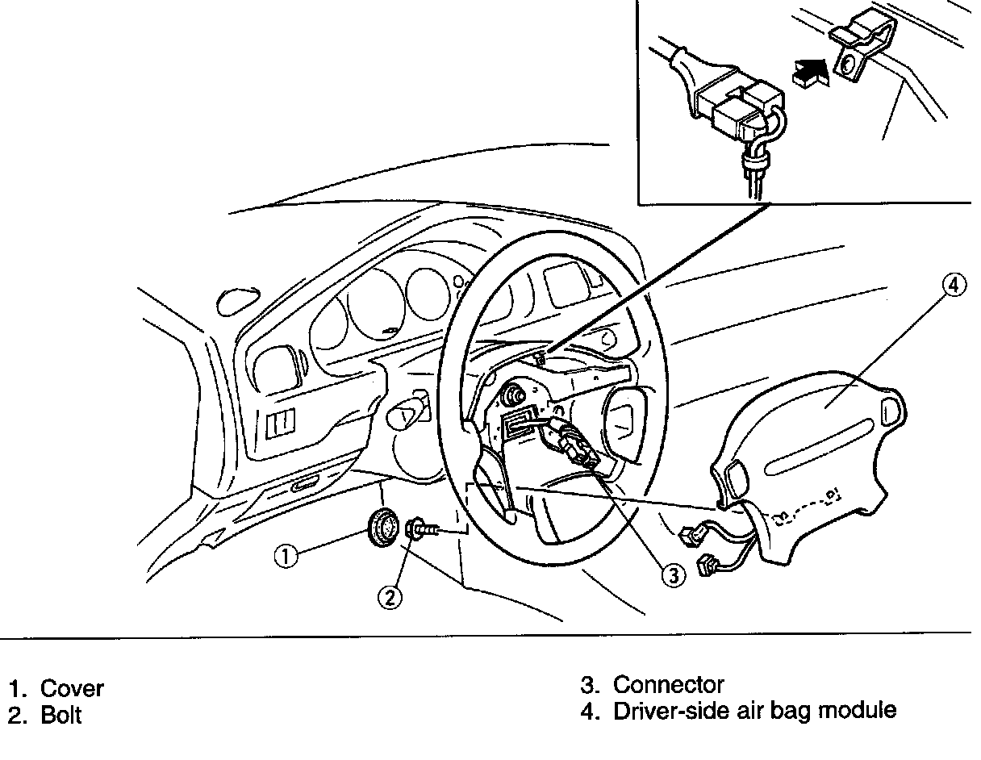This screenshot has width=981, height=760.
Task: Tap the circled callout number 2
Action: click(x=390, y=597)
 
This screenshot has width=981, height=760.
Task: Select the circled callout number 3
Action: click(x=673, y=574)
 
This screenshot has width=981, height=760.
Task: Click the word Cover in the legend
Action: click(x=72, y=689)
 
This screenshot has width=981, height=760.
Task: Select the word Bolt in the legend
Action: click(x=61, y=716)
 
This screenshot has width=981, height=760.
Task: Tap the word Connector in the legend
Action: click(x=668, y=685)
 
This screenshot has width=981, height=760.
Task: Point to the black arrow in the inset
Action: click(x=810, y=73)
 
